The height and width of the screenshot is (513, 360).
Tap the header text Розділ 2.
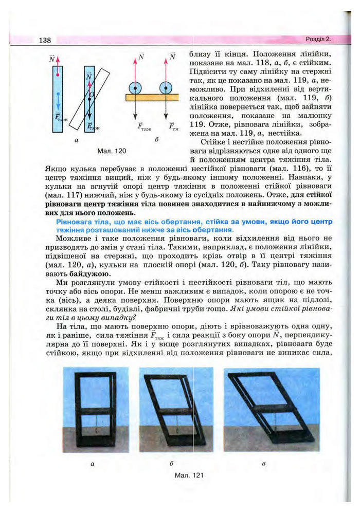[x=316, y=39]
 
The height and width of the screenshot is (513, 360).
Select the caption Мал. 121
[x=190, y=475]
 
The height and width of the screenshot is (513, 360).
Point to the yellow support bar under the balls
[x=152, y=97]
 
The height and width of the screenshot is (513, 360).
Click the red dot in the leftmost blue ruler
[x=58, y=76]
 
